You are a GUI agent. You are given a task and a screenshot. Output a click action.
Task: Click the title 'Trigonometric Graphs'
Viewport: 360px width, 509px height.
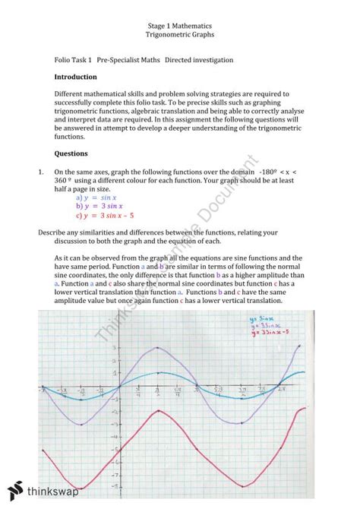(x=179, y=35)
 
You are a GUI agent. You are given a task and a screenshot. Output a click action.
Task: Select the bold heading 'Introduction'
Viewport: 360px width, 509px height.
(x=75, y=77)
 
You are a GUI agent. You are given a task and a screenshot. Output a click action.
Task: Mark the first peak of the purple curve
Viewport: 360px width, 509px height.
(x=156, y=347)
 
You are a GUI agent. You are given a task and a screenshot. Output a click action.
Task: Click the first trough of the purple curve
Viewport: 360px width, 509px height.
(x=82, y=425)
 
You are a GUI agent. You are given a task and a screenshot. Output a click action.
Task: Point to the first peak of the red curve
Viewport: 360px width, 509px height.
(x=157, y=410)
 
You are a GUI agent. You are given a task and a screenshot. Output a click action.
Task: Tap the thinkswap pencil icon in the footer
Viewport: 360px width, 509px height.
(x=16, y=490)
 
